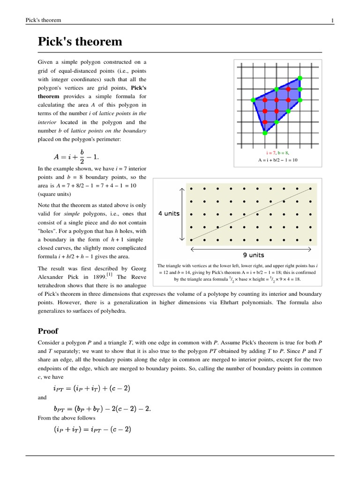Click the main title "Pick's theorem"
pos(80,42)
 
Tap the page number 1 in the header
pos(332,20)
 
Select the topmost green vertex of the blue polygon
pos(300,77)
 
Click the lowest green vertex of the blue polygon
pos(265,133)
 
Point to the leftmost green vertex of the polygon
pos(253,100)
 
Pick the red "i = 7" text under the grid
pos(270,153)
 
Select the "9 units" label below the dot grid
pos(253,255)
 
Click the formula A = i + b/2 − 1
pos(76,155)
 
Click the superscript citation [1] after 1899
pos(109,274)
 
